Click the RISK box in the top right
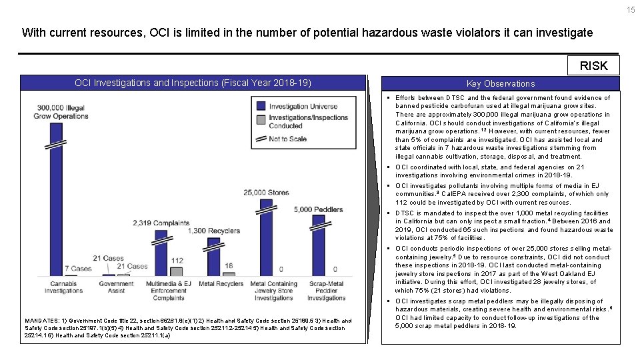pos(593,65)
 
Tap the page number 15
pos(631,9)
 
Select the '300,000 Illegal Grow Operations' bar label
pos(61,112)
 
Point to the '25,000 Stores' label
pos(266,193)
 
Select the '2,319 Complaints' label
pos(160,223)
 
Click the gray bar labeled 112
pos(177,271)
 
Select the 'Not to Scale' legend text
pos(289,139)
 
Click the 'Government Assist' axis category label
pos(116,287)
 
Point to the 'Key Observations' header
pos(501,83)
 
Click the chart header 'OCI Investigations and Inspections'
pos(193,83)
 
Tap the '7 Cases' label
pos(78,269)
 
